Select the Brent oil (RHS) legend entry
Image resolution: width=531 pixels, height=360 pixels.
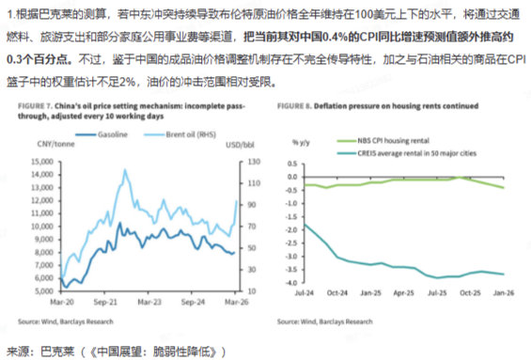[187, 136]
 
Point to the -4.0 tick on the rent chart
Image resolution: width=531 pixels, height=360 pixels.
[289, 283]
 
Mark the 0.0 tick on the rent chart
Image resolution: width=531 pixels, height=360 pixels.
[289, 179]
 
